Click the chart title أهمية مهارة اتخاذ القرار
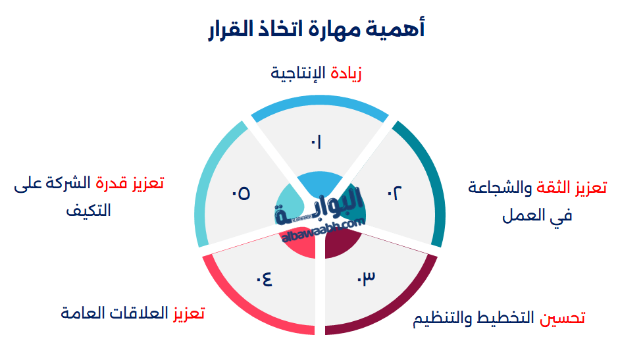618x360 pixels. coord(316,30)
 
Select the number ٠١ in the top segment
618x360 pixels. coord(316,142)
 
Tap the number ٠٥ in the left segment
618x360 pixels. coord(240,193)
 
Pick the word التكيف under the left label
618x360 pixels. coord(89,211)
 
